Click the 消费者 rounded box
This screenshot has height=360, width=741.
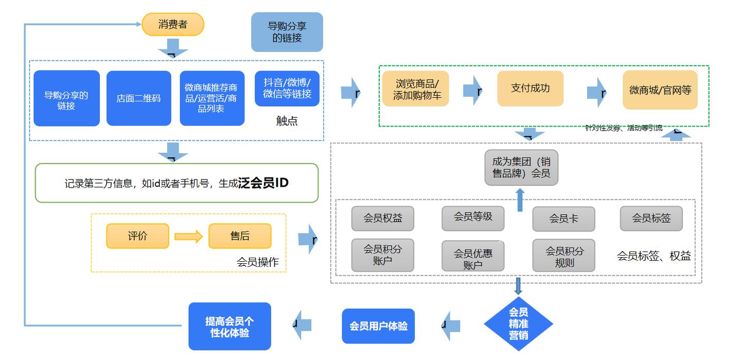(x=173, y=24)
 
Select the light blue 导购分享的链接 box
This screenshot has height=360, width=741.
(x=287, y=32)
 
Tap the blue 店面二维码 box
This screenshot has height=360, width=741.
(x=138, y=98)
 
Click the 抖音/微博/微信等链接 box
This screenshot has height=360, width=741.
(x=287, y=88)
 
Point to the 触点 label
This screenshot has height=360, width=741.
(x=287, y=121)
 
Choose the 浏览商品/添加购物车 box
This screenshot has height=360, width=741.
(x=415, y=89)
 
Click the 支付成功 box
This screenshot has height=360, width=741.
(x=530, y=88)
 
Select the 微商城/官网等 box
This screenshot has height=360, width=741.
(x=660, y=90)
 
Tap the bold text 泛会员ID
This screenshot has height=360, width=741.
(x=263, y=183)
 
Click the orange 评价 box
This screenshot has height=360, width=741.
(x=137, y=236)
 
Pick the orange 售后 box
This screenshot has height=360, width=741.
(x=240, y=236)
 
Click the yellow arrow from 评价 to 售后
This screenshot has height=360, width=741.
(x=188, y=237)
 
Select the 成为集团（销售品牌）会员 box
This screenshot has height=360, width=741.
(x=521, y=167)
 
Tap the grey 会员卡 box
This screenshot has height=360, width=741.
(x=563, y=219)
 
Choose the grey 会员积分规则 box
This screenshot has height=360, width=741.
(x=563, y=256)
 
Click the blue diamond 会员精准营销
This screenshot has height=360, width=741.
(x=518, y=324)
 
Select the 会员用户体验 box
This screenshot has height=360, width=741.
(x=378, y=326)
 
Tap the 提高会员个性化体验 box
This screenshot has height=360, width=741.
(x=230, y=327)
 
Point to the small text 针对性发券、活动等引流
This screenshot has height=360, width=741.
(x=624, y=128)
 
